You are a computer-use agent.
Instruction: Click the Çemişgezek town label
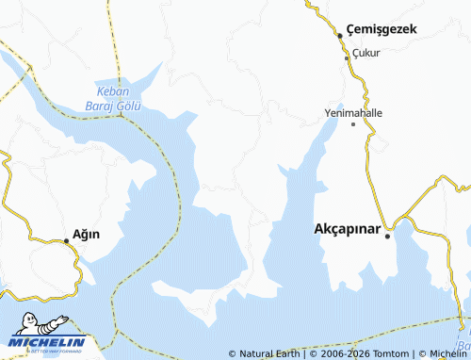pyautogui.click(x=381, y=30)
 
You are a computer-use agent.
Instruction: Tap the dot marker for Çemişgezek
pyautogui.click(x=340, y=36)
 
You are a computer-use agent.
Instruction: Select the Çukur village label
pyautogui.click(x=365, y=53)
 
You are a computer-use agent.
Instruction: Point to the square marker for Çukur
pyautogui.click(x=347, y=58)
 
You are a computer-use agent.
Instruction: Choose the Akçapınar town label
pyautogui.click(x=347, y=229)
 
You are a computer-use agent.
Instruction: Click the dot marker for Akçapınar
pyautogui.click(x=387, y=237)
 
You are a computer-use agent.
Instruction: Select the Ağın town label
pyautogui.click(x=87, y=234)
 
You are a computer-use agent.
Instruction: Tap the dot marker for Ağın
pyautogui.click(x=66, y=241)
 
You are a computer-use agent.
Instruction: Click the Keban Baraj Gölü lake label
pyautogui.click(x=119, y=99)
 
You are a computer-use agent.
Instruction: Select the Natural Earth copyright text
pyautogui.click(x=265, y=353)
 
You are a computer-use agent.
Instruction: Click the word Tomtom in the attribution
pyautogui.click(x=393, y=353)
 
